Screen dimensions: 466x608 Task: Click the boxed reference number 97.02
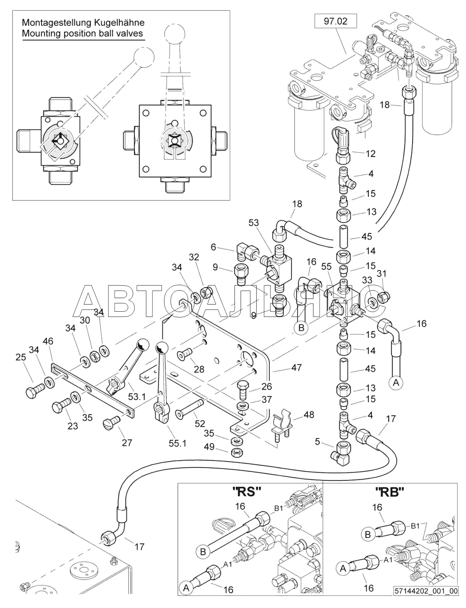(x=335, y=21)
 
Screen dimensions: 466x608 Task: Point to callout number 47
(x=296, y=367)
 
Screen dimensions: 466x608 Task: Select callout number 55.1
(x=177, y=443)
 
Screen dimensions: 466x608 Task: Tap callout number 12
(x=370, y=154)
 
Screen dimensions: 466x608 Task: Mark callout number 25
(x=21, y=357)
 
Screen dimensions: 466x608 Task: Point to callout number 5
(x=317, y=442)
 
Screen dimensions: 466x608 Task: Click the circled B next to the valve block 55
(x=301, y=327)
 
